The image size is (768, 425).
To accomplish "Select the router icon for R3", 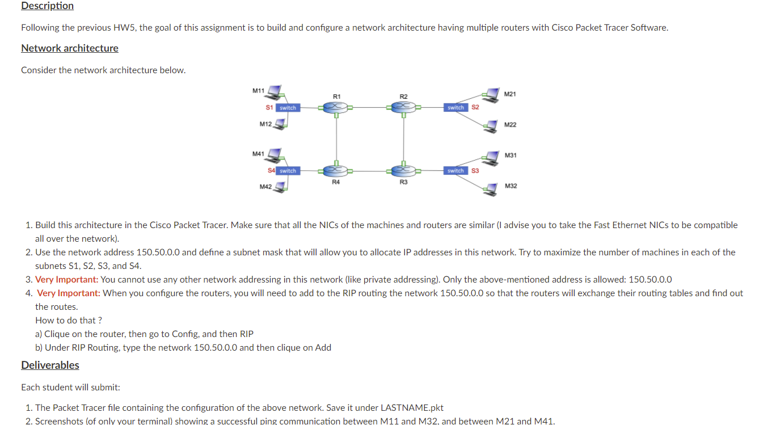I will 403,170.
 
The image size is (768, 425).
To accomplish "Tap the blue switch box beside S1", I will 288,108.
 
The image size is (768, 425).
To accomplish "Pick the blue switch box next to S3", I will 456,171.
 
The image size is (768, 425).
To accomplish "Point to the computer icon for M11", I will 276,91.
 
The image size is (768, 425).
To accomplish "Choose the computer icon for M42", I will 279,187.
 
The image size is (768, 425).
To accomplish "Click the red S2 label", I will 475,107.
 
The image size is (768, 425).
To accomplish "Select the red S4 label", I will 271,171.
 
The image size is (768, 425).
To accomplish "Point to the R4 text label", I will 336,182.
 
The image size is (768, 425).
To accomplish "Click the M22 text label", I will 510,125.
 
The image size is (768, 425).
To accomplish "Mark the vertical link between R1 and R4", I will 336,139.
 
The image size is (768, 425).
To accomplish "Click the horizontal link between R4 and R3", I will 370,170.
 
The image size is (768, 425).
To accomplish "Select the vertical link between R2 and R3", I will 403,139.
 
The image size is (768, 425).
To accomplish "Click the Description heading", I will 48,6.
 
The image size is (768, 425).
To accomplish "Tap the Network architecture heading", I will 70,48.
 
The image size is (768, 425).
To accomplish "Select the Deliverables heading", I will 50,365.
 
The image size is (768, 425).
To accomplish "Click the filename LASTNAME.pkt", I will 412,408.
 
